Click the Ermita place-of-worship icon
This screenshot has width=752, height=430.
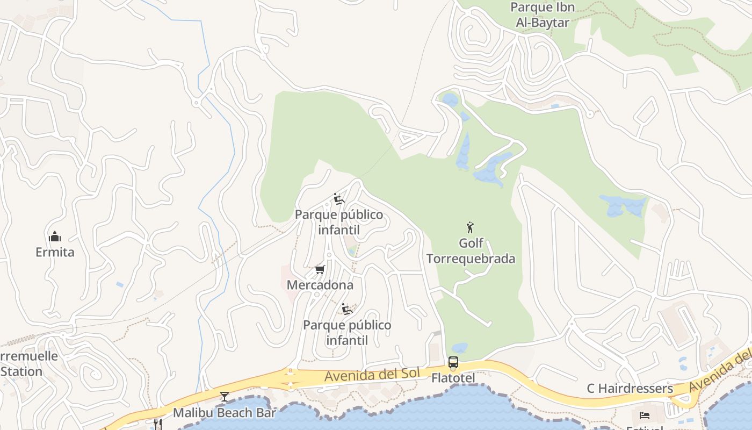(55, 236)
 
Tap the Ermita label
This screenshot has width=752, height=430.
(55, 252)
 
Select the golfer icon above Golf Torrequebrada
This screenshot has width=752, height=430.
(471, 227)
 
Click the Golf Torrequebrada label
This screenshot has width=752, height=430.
(471, 251)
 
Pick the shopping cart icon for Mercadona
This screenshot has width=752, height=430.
(320, 269)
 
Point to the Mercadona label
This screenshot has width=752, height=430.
(320, 285)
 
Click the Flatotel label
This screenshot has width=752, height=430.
(453, 378)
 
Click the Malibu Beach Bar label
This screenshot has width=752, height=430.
(224, 413)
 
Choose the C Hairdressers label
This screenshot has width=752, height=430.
(630, 388)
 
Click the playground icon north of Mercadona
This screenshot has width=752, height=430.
(338, 199)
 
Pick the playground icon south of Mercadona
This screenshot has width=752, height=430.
(347, 309)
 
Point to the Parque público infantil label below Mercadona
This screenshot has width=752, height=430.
(347, 333)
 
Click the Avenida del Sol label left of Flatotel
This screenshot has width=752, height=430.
(364, 375)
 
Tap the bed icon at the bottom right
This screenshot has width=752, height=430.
(645, 415)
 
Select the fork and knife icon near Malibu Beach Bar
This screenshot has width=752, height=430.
(157, 424)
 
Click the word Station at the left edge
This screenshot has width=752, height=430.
(21, 371)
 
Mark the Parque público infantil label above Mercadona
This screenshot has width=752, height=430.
(339, 223)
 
